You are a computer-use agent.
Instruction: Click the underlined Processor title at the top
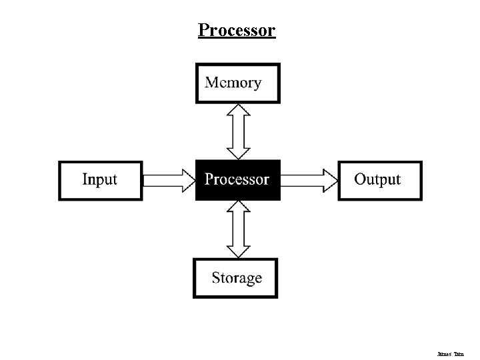tap(237, 31)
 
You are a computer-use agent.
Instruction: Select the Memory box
tap(238, 83)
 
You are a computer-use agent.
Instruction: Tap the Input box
tap(101, 180)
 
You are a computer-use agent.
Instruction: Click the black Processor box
tap(238, 180)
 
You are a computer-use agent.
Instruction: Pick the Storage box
tap(236, 278)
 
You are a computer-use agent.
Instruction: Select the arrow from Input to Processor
tap(168, 180)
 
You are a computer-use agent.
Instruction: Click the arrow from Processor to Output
tap(309, 180)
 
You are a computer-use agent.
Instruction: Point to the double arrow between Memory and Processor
tap(238, 131)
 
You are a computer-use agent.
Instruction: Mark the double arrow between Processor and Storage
tap(238, 229)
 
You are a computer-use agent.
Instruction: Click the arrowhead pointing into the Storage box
tap(238, 251)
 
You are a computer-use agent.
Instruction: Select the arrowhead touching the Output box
tap(331, 180)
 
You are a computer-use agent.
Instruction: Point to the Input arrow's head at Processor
tap(187, 180)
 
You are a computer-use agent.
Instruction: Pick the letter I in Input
tap(85, 179)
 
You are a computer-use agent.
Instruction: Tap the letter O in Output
tap(360, 179)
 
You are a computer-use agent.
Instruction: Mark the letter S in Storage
tap(217, 278)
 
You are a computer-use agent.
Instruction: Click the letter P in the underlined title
tap(203, 31)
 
